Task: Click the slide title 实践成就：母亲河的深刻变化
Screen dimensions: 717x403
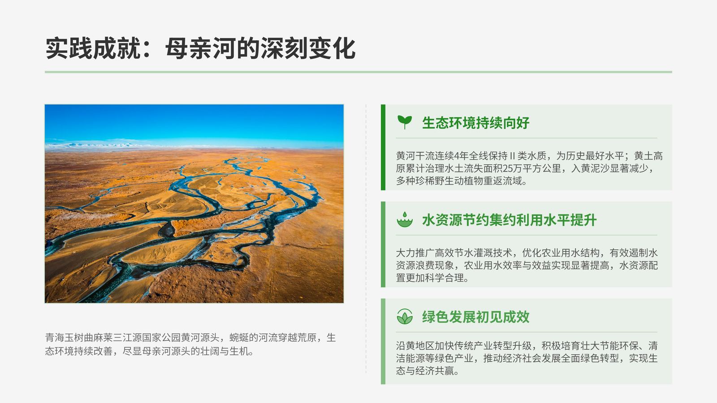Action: click(x=200, y=48)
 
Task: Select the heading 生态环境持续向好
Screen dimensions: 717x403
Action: click(x=475, y=123)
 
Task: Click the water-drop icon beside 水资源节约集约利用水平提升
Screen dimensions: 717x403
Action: click(x=405, y=219)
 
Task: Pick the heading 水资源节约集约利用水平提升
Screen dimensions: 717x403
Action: click(x=509, y=220)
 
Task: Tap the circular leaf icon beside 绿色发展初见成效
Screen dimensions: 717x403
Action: click(x=405, y=317)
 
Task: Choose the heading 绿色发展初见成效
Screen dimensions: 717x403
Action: click(x=475, y=317)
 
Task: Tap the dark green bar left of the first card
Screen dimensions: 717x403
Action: click(x=383, y=147)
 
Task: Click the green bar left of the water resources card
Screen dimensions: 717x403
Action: click(x=383, y=244)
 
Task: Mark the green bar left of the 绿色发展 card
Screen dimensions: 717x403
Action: click(x=383, y=341)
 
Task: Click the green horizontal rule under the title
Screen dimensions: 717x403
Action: click(x=358, y=72)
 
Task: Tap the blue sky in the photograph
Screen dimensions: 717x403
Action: click(x=194, y=121)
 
